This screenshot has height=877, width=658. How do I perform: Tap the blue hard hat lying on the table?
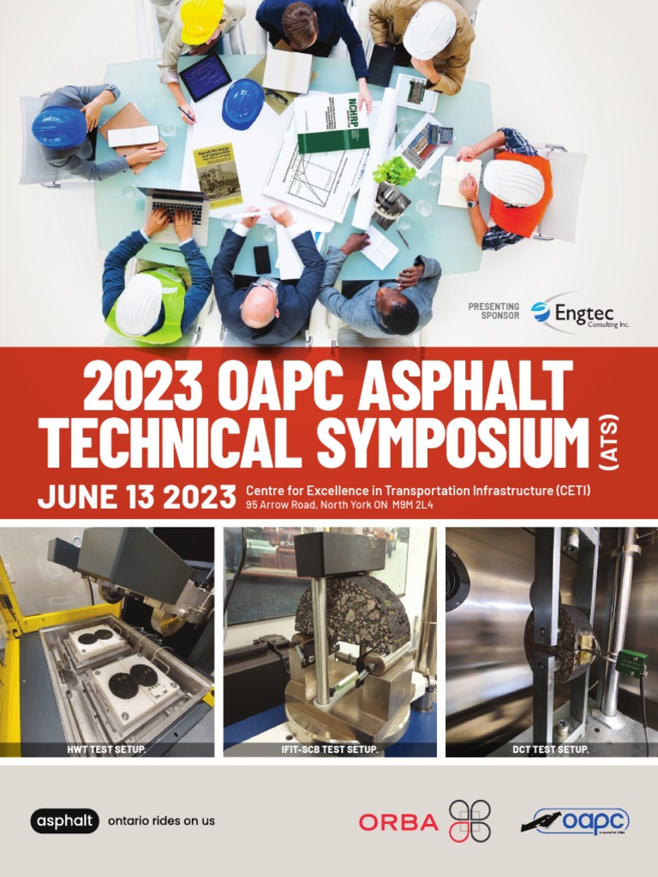243,104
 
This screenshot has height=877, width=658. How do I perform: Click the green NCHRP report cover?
332,123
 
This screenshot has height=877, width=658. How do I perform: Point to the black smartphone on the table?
261,259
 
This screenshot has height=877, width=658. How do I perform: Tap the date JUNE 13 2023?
136,497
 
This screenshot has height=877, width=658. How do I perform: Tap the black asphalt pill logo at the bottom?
65,820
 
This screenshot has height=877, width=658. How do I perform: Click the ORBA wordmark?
398,822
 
